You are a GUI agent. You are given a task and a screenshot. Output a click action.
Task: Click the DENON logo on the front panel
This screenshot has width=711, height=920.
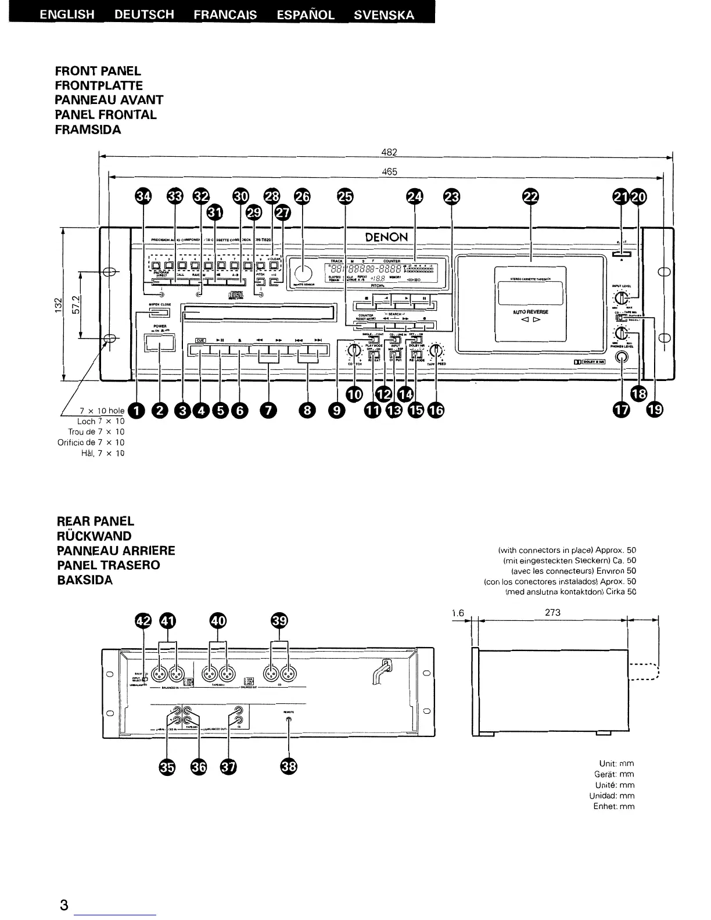386,237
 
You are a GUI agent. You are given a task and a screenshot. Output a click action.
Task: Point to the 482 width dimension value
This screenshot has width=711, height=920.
389,152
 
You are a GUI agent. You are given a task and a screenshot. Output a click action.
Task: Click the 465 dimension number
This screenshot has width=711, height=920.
389,171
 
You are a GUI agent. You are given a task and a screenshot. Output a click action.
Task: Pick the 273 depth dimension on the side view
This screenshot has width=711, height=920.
553,612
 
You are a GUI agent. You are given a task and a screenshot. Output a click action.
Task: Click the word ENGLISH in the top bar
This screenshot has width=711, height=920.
67,15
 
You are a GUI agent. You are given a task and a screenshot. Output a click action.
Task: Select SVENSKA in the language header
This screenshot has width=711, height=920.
384,15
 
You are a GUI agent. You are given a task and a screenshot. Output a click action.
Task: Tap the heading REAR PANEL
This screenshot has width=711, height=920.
95,522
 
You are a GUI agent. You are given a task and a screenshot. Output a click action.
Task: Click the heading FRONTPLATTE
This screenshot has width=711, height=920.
99,85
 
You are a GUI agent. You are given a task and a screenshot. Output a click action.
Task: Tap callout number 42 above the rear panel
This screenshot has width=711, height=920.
143,621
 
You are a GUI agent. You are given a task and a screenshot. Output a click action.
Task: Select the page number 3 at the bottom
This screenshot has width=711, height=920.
64,905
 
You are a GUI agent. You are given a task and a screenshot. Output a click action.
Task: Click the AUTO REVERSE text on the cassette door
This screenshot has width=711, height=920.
530,312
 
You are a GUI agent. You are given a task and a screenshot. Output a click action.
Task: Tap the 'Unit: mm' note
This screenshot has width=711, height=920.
616,763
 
